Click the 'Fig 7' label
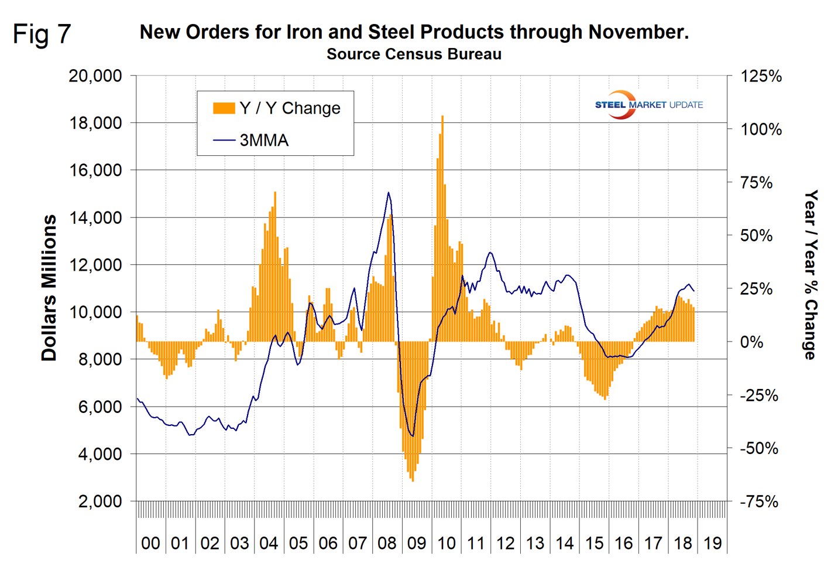pos(42,34)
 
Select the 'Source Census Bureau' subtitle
pos(414,54)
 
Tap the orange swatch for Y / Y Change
pos(224,108)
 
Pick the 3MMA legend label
pos(264,141)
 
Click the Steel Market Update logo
pos(648,105)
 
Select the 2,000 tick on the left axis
pos(100,501)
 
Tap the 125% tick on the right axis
pos(761,76)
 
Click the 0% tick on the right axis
pos(751,342)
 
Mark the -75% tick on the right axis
pos(759,502)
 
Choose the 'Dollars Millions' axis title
pos(49,288)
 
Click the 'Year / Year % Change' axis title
pos(810,274)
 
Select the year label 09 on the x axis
pos(417,544)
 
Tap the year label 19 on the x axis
pos(712,544)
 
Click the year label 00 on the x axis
pos(150,544)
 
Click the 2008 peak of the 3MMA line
pos(388,193)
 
